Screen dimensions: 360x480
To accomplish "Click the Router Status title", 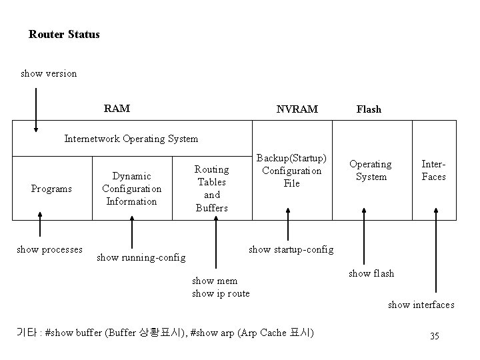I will pyautogui.click(x=64, y=34).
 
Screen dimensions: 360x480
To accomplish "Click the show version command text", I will pyautogui.click(x=49, y=73).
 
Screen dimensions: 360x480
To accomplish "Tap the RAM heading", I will pyautogui.click(x=117, y=108).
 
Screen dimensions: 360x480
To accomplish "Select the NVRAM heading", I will pyautogui.click(x=297, y=109).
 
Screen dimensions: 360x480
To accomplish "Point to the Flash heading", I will pyautogui.click(x=369, y=109).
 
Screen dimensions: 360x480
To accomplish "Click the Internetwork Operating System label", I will pyautogui.click(x=131, y=139).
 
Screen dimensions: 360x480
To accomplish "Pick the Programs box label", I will pyautogui.click(x=51, y=189).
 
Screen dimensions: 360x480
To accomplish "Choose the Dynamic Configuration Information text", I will pyautogui.click(x=131, y=189).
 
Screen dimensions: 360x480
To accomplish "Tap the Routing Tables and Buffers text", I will pyautogui.click(x=211, y=189).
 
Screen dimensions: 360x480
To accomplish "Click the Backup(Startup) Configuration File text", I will pyautogui.click(x=291, y=171).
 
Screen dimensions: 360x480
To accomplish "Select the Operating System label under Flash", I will pyautogui.click(x=371, y=171).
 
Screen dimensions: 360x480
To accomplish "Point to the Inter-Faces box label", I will pyautogui.click(x=434, y=171).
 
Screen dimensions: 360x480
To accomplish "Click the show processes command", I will pyautogui.click(x=49, y=249).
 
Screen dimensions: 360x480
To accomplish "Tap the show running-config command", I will pyautogui.click(x=141, y=257).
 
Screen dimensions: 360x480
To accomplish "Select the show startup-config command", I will pyautogui.click(x=291, y=249).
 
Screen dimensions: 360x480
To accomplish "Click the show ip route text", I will pyautogui.click(x=221, y=293).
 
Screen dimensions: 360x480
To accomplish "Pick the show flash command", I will pyautogui.click(x=371, y=273).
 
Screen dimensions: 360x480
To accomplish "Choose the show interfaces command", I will pyautogui.click(x=421, y=305).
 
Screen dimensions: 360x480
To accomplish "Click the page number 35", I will pyautogui.click(x=434, y=336).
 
